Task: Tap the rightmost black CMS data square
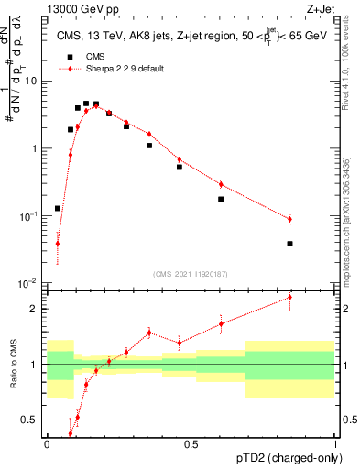click(315, 244)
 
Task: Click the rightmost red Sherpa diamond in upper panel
click(315, 219)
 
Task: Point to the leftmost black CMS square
click(58, 209)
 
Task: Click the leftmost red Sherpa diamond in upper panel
click(58, 244)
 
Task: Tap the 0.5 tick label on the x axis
click(191, 443)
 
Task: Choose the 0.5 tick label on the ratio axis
click(33, 420)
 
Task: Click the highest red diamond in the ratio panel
click(315, 297)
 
